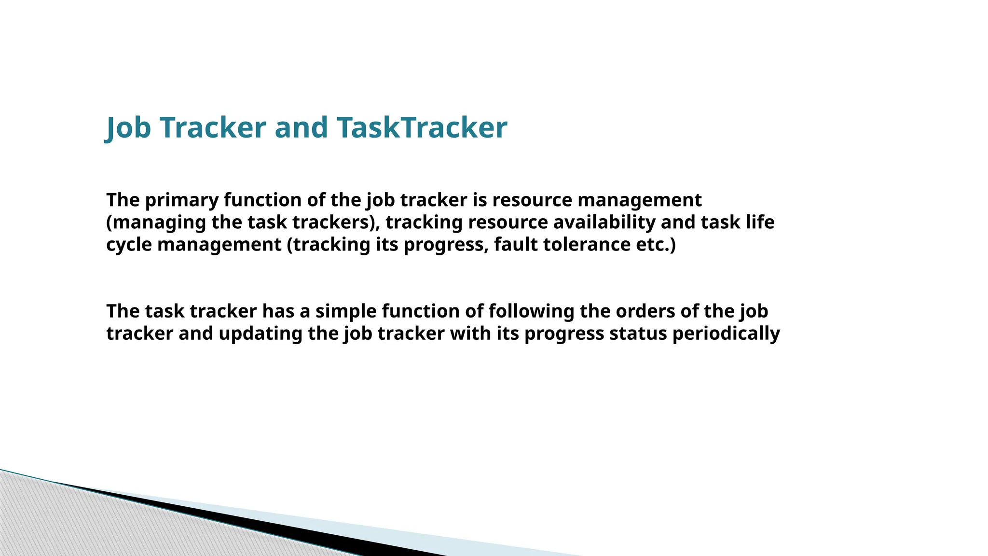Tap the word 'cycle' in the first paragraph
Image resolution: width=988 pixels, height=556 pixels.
[129, 245]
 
